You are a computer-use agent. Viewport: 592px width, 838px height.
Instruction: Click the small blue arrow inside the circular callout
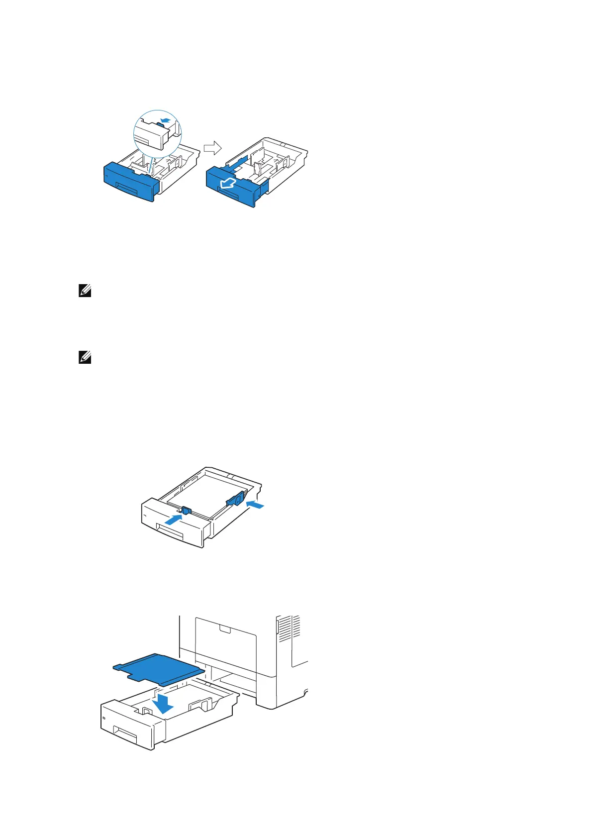[x=166, y=120]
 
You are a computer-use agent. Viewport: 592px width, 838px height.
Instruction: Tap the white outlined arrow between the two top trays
[x=212, y=147]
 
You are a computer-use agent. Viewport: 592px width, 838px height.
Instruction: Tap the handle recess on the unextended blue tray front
[x=128, y=188]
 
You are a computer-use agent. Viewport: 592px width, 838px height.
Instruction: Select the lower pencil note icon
[x=85, y=357]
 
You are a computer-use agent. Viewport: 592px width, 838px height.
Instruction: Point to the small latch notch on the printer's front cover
[x=225, y=630]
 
